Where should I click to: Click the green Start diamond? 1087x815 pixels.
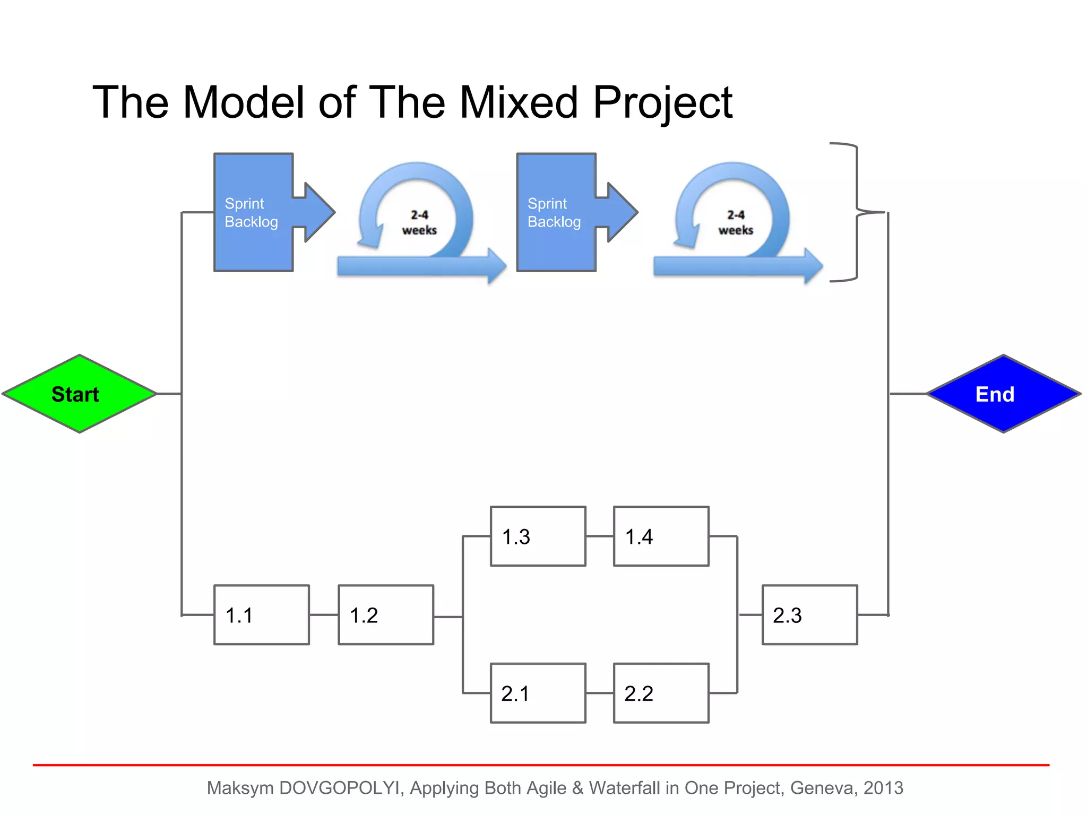[79, 394]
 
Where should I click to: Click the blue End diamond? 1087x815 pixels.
[1003, 394]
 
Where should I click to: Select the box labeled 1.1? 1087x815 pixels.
[262, 615]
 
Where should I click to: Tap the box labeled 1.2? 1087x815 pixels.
[386, 615]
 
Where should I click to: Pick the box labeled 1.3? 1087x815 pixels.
[538, 536]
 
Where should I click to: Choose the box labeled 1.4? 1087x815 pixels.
[661, 536]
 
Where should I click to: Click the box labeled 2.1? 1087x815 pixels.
[538, 693]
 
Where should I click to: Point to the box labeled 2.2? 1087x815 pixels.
[661, 693]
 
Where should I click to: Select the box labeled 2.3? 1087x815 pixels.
[809, 615]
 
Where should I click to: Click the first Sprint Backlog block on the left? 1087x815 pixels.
[254, 212]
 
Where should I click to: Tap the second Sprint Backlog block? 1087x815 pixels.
[556, 212]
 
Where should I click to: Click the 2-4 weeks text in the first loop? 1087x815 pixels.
[419, 223]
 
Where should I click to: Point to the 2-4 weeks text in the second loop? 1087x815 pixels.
[736, 223]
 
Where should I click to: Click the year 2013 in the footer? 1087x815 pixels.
[883, 788]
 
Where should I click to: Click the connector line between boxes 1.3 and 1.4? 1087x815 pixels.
[600, 536]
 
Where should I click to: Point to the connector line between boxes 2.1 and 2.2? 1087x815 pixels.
[600, 693]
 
